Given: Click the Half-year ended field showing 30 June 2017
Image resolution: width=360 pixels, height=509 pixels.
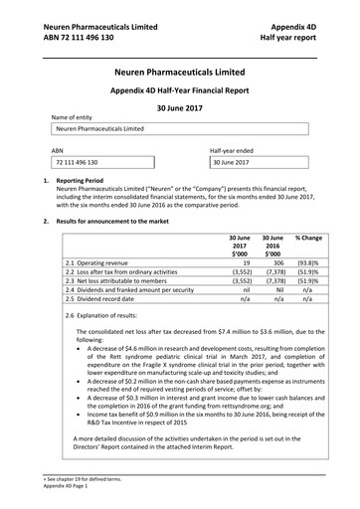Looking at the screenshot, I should pyautogui.click(x=253, y=161).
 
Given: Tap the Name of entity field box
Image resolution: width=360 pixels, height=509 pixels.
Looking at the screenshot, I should pyautogui.click(x=179, y=128).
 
